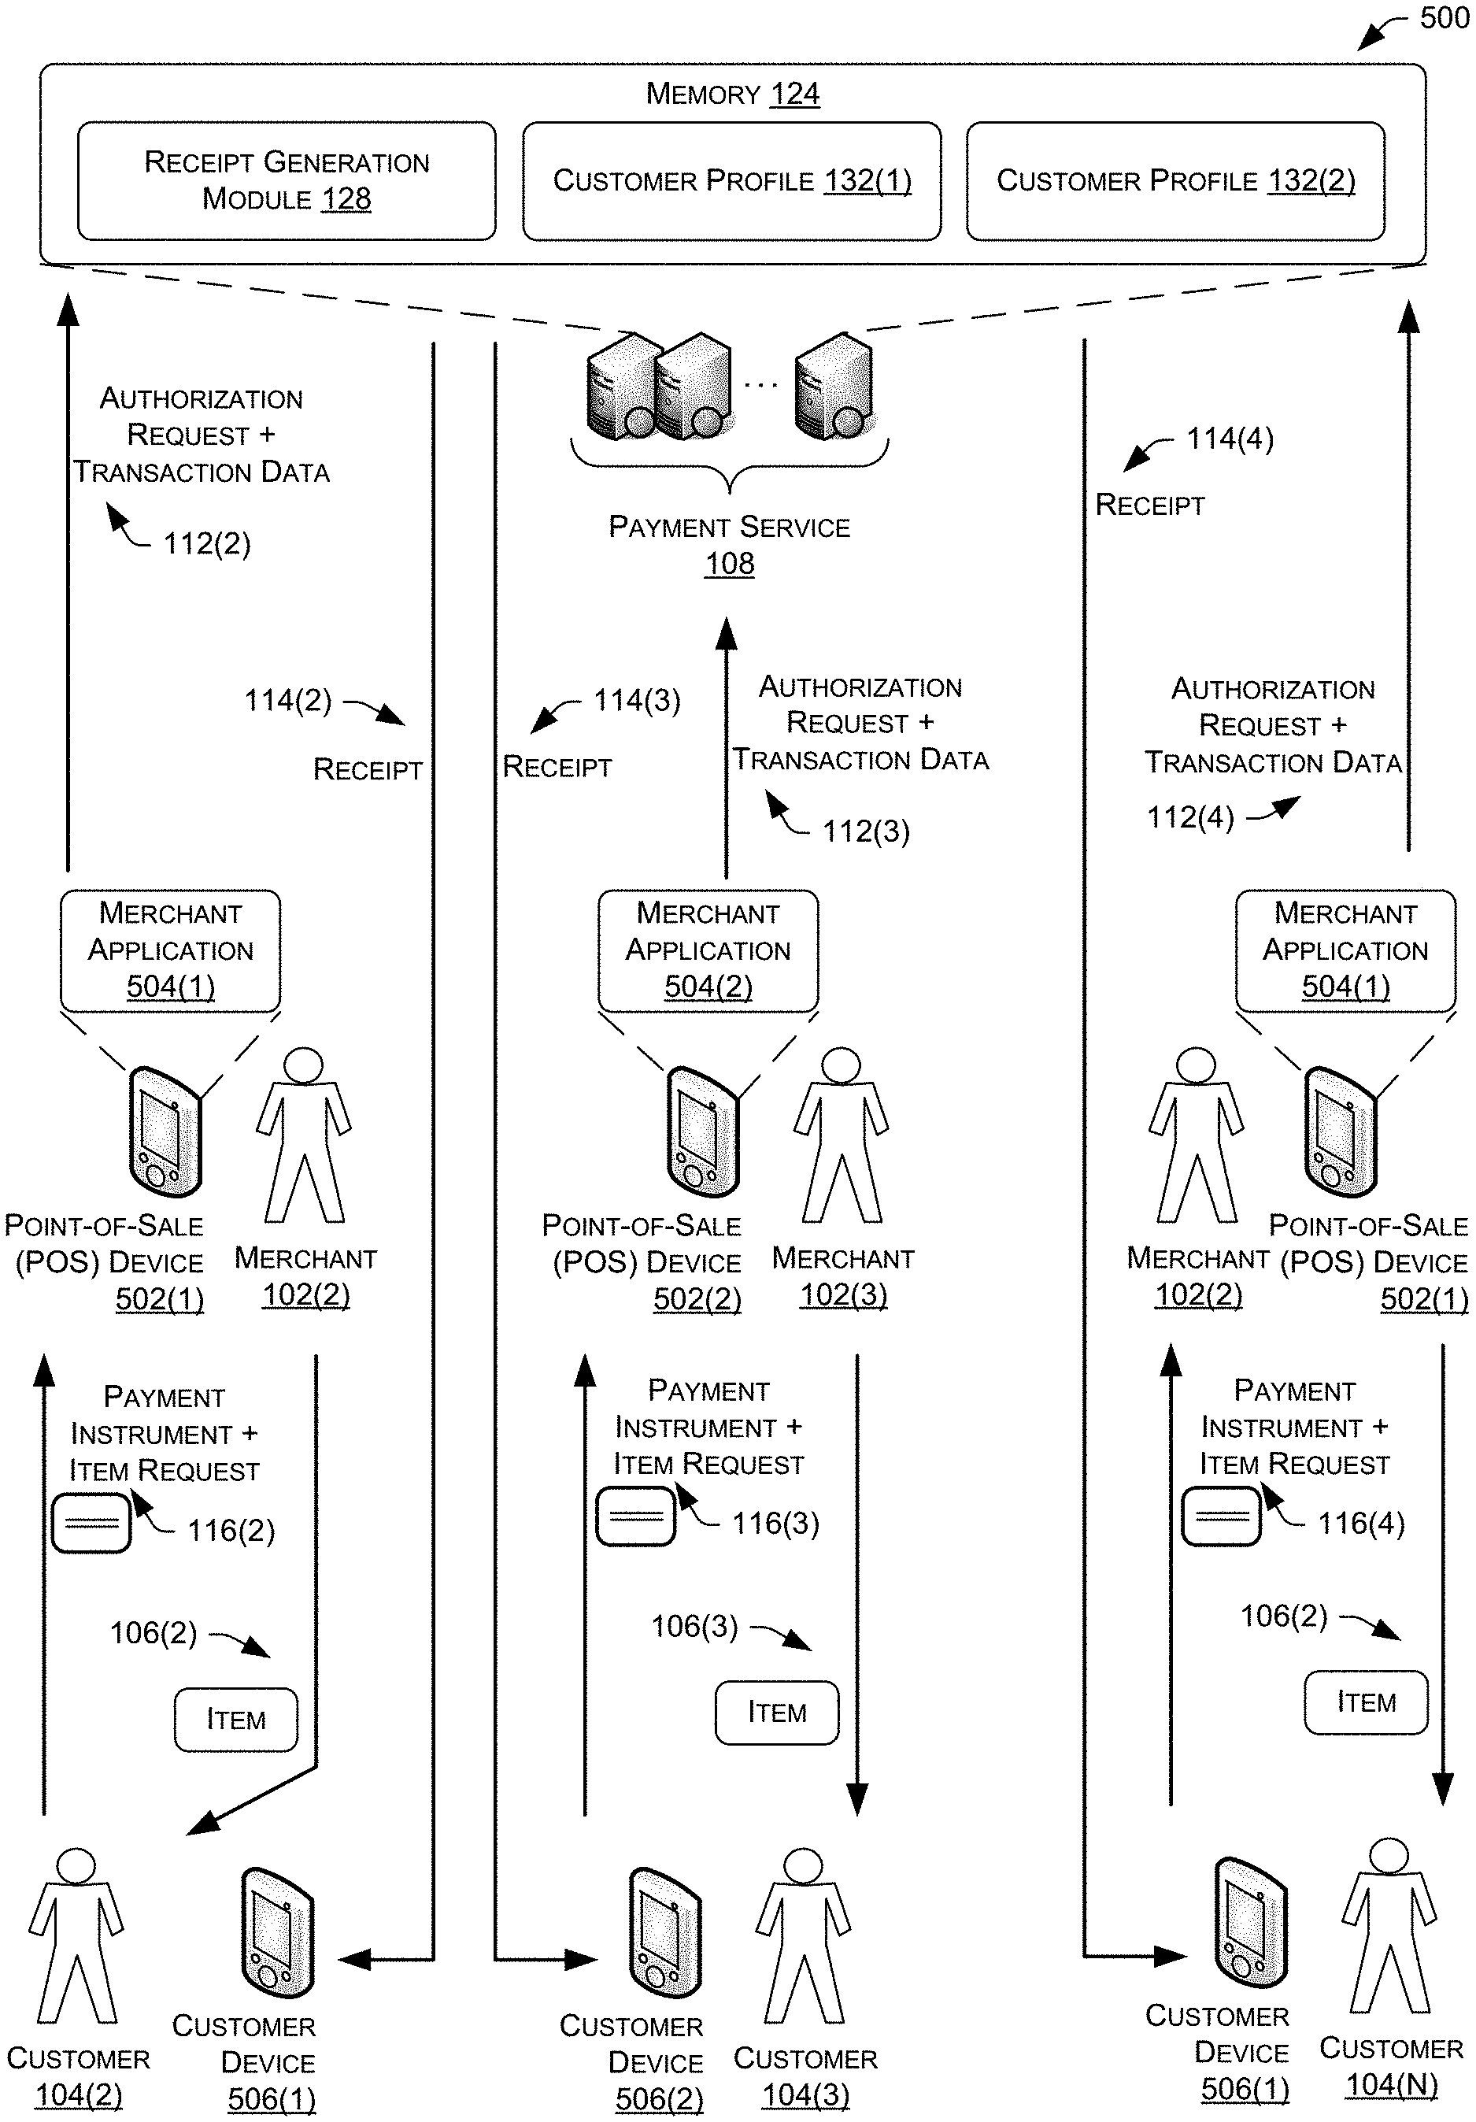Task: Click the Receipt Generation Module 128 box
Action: (x=287, y=180)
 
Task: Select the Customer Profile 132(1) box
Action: (x=732, y=180)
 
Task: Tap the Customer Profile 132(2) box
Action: (x=1175, y=180)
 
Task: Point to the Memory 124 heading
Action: (x=732, y=94)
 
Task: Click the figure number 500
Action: (x=1445, y=17)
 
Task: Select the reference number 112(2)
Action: (x=207, y=543)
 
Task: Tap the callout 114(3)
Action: (x=637, y=701)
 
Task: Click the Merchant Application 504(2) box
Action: (x=708, y=950)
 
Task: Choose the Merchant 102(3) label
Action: (x=843, y=1276)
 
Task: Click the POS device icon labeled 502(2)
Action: (x=702, y=1131)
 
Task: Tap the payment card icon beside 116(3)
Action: (x=636, y=1516)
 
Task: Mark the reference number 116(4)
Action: (x=1361, y=1523)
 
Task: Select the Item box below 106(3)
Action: (x=777, y=1713)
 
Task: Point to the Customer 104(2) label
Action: (x=79, y=2076)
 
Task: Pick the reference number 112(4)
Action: (x=1190, y=817)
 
